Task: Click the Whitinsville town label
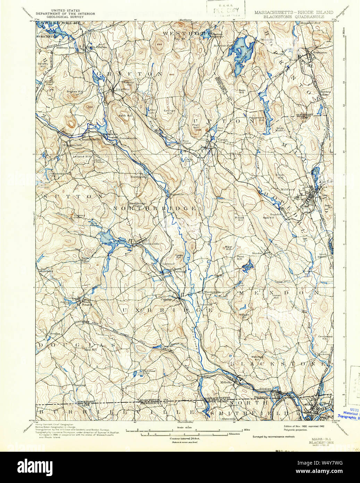tap(151, 244)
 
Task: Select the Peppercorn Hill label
tap(266, 118)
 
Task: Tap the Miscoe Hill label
tap(239, 219)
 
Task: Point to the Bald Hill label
tap(91, 350)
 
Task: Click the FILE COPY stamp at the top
tap(226, 10)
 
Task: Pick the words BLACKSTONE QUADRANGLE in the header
tap(294, 16)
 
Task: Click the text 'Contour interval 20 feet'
tap(184, 439)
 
